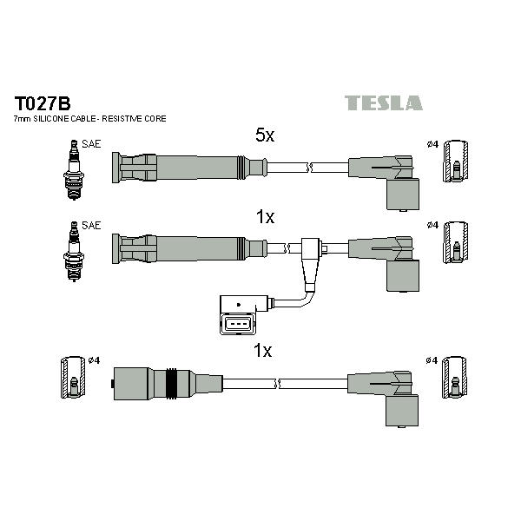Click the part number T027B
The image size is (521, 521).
43,103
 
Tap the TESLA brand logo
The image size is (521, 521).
384,102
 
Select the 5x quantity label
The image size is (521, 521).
265,135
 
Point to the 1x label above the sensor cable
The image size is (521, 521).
265,217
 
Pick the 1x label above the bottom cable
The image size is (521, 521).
262,351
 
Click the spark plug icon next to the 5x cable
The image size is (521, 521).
74,170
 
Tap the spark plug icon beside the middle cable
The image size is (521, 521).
74,251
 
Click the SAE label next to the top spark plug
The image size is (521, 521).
91,144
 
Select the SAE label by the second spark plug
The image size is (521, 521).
91,225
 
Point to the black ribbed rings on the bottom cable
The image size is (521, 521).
171,383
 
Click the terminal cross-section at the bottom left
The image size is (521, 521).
73,377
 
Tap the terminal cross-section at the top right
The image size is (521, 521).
456,162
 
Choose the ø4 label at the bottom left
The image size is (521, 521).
94,360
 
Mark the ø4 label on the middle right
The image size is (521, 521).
432,225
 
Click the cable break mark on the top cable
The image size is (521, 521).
309,168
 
